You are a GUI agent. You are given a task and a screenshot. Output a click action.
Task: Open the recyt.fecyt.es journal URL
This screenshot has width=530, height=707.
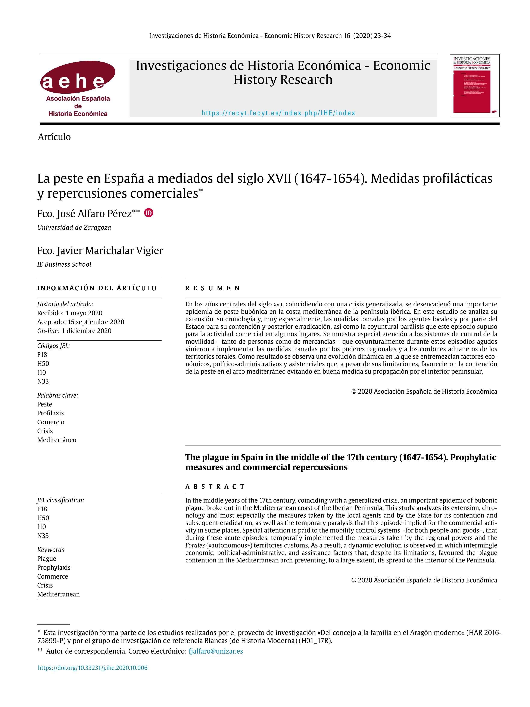tap(278, 113)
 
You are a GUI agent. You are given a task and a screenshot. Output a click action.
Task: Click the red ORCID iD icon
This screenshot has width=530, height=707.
tap(149, 213)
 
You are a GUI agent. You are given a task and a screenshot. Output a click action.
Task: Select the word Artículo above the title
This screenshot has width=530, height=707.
tap(54, 137)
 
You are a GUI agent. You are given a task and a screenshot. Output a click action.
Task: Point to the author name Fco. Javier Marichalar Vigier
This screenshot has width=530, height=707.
tap(100, 251)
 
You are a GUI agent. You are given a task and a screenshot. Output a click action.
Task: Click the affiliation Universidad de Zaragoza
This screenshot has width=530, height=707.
tap(74, 227)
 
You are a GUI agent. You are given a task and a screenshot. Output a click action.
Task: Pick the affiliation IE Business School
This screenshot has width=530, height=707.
tap(64, 264)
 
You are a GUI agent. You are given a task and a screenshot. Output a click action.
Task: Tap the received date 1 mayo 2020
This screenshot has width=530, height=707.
tap(84, 313)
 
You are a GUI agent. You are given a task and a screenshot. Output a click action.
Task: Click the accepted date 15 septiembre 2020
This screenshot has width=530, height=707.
tap(96, 322)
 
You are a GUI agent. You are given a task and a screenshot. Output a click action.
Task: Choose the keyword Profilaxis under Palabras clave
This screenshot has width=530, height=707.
tap(50, 413)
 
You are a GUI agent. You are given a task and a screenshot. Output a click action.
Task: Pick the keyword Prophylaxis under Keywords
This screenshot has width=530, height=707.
tap(54, 568)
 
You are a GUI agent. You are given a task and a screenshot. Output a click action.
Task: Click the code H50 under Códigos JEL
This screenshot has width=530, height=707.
tap(43, 364)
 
